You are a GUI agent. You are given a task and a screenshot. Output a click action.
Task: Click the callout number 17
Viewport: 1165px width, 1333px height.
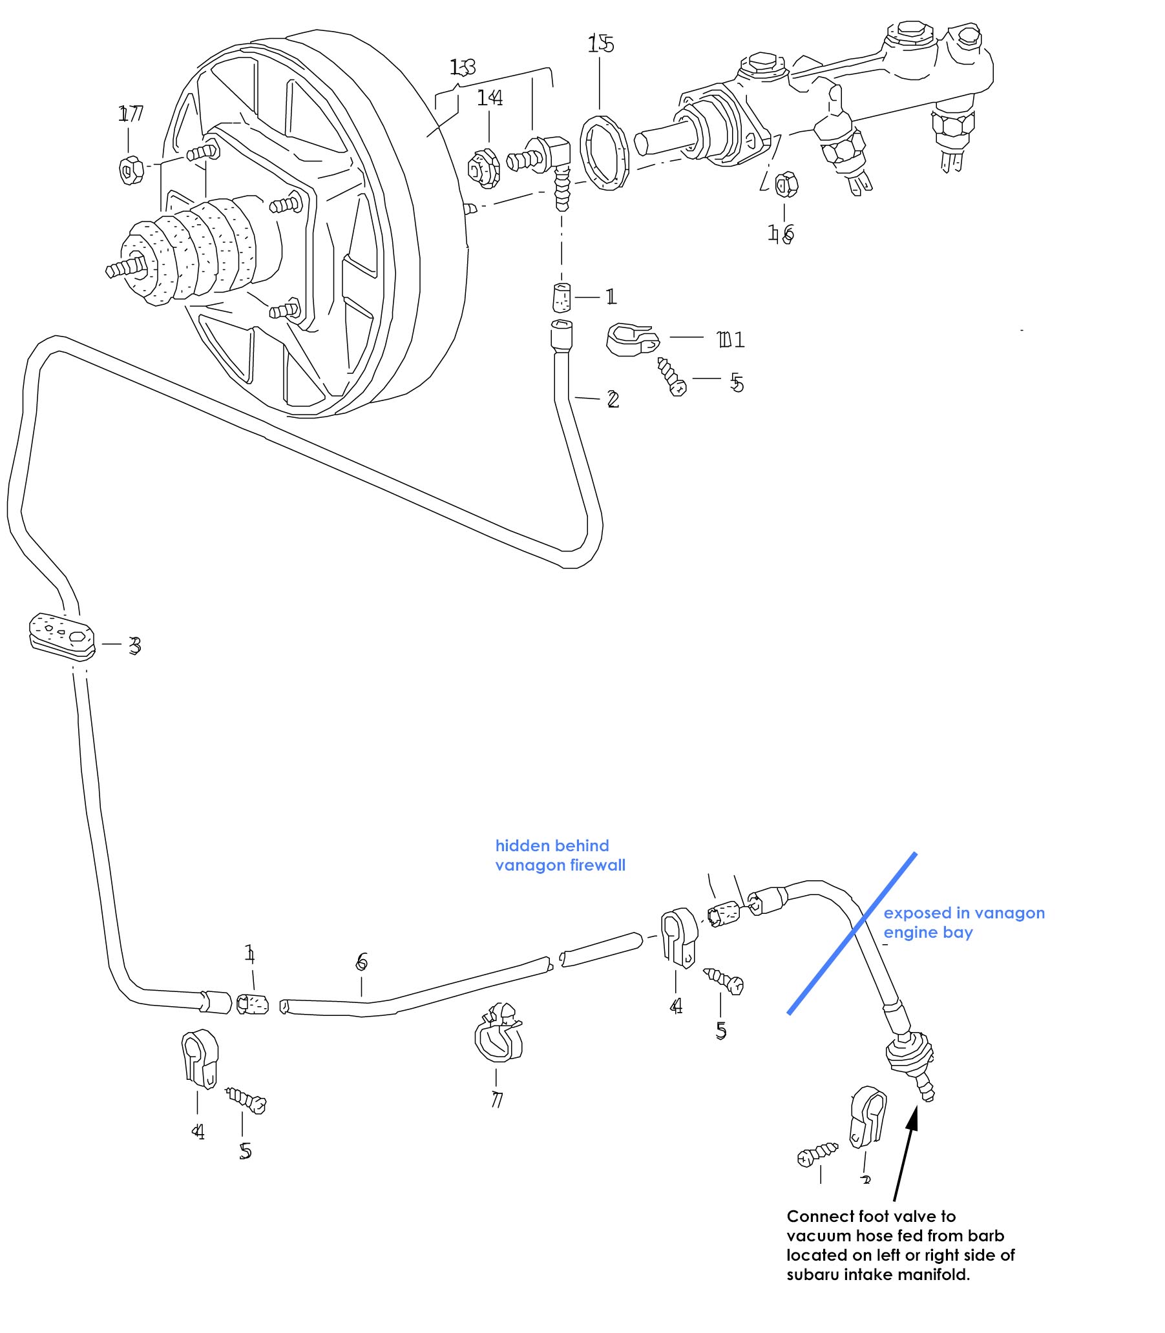tap(131, 114)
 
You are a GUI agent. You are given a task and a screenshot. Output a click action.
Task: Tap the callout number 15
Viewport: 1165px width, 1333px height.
tap(601, 44)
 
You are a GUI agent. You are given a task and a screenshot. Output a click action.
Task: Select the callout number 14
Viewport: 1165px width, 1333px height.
tap(490, 98)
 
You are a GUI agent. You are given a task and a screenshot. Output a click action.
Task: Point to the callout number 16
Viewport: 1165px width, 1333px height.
tap(781, 233)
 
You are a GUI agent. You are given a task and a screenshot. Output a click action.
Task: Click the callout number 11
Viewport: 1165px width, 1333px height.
tap(731, 339)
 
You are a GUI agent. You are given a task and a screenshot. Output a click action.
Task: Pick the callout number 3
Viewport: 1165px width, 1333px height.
tap(134, 646)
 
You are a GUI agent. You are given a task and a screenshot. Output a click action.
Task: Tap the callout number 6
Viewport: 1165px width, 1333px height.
tap(362, 961)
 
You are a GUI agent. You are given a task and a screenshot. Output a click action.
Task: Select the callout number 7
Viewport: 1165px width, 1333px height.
tap(497, 1100)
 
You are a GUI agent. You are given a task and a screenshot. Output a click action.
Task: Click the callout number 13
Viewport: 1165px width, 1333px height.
tap(462, 67)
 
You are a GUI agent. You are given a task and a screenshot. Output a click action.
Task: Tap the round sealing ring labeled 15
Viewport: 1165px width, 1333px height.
tap(604, 153)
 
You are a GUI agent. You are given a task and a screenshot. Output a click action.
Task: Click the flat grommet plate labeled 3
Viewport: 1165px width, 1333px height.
tap(62, 636)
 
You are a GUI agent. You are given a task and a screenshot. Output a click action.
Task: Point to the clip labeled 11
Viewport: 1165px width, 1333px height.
tap(631, 339)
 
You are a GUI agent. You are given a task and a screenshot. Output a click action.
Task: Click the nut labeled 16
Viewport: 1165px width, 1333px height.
tap(786, 185)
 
